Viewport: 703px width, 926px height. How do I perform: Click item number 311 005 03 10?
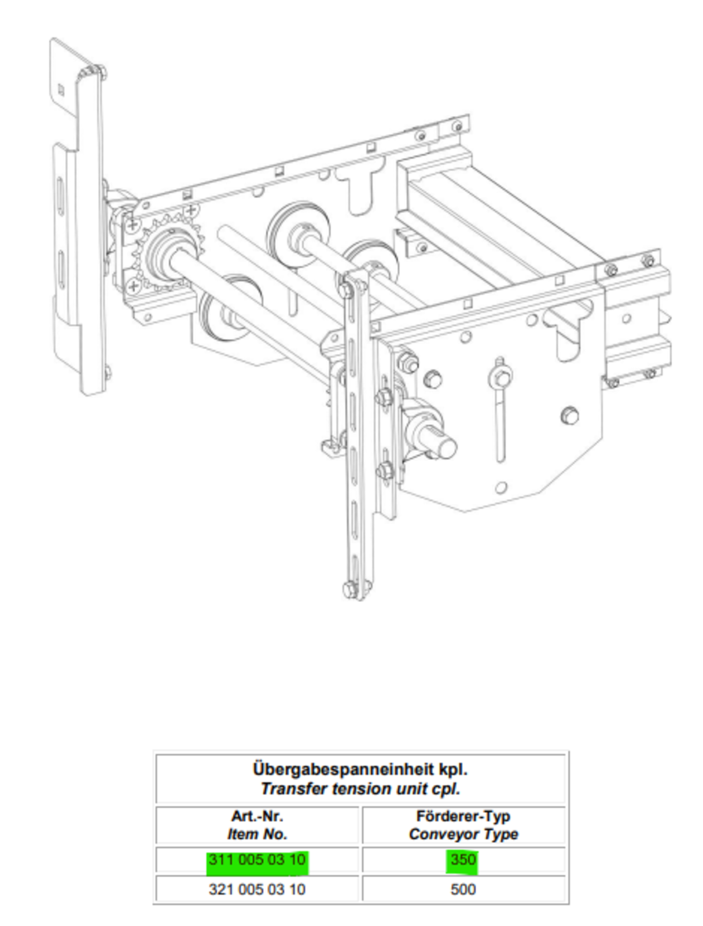tap(257, 860)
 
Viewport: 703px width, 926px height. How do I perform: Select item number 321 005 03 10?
tap(257, 890)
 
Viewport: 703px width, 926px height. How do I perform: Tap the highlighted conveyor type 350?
tap(463, 860)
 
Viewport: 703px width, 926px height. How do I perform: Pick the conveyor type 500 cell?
tap(463, 890)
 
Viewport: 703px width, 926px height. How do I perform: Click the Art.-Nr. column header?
tap(257, 817)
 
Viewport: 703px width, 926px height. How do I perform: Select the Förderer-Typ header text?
tap(463, 817)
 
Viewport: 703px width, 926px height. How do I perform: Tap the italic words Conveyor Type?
tap(463, 835)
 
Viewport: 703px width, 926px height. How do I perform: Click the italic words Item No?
tap(257, 835)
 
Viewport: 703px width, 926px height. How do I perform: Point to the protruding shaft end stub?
tap(446, 447)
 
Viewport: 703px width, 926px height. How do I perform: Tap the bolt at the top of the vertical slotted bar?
tap(347, 288)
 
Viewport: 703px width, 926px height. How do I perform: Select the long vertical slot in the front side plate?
tap(499, 425)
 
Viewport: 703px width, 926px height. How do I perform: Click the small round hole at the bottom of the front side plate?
tap(501, 488)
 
